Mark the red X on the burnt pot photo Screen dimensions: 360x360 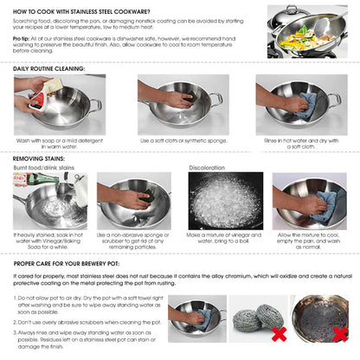(x=339, y=333)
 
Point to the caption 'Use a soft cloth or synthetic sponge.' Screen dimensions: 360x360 (x=179, y=139)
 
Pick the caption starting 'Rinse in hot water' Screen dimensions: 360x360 (x=299, y=142)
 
